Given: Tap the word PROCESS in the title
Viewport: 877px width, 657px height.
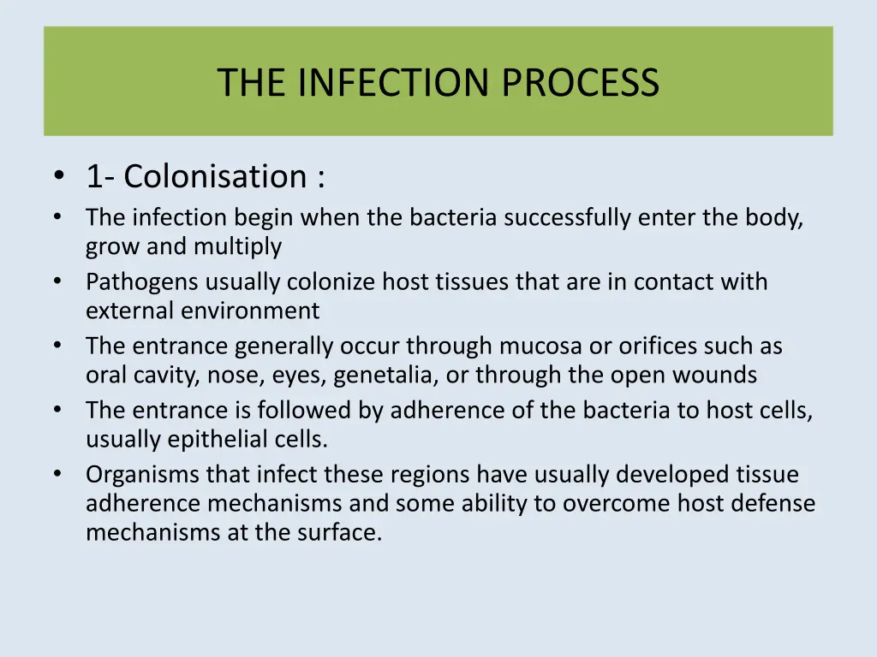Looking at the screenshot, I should point(581,83).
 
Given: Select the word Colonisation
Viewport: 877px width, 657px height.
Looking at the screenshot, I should point(215,177).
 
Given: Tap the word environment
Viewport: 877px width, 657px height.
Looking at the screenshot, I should point(249,311).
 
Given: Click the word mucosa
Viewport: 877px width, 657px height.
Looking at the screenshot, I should point(546,346).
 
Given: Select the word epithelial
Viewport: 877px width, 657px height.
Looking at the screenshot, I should point(209,440).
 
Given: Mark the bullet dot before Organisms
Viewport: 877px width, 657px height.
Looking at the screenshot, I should point(58,474).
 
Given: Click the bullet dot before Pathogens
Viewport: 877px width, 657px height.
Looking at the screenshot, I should point(58,281).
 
